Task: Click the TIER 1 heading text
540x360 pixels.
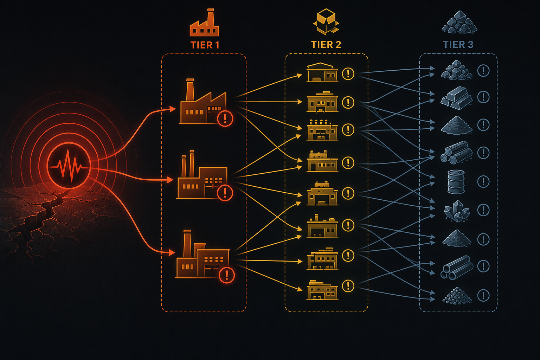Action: coord(205,45)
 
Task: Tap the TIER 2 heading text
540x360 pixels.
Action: coord(326,45)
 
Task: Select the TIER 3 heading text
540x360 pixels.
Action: coord(458,45)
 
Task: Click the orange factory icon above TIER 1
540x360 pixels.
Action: coord(204,22)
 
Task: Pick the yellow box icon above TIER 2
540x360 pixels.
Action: coord(326,22)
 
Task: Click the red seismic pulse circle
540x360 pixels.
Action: coord(69,166)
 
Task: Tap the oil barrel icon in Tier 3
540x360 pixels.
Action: coord(456,182)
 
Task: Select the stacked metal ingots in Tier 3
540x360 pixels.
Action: coord(456,98)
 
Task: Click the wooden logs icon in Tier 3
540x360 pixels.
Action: coord(456,153)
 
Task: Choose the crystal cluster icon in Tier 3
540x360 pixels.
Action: coord(457,211)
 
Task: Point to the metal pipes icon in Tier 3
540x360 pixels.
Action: coord(457,268)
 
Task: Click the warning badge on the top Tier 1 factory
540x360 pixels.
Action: coord(225,118)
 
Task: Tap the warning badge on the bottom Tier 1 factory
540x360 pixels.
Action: coord(227,275)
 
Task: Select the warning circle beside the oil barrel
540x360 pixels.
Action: coord(483,181)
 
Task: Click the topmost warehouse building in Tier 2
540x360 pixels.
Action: coord(322,72)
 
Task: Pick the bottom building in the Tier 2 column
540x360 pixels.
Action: coord(322,290)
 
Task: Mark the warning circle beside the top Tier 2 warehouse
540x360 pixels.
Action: coord(348,73)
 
